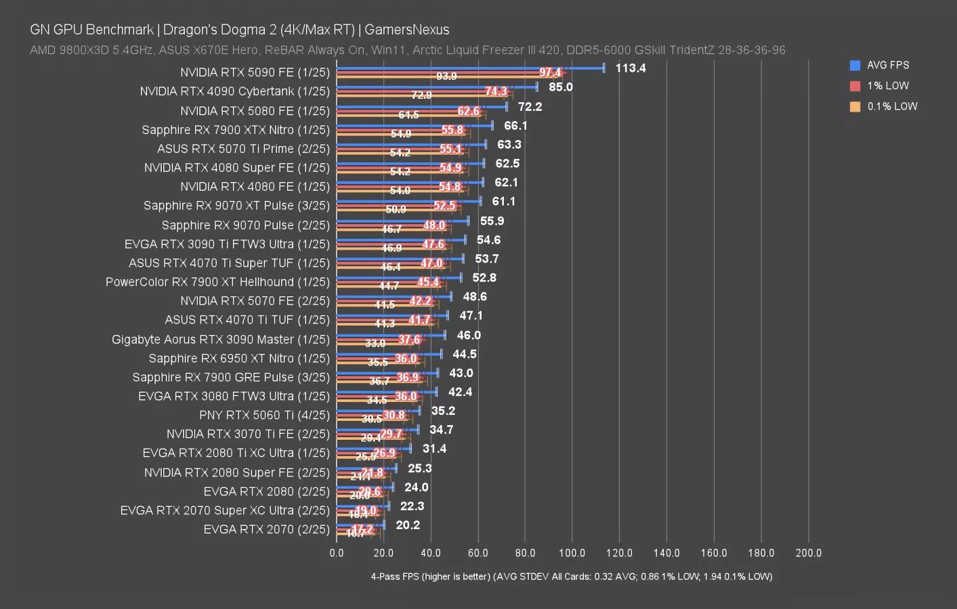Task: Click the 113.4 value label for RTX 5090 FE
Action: [x=630, y=68]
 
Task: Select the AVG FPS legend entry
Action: [x=887, y=65]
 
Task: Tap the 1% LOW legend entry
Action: [x=887, y=86]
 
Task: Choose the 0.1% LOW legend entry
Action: [x=891, y=106]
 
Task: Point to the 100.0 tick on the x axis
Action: [x=572, y=553]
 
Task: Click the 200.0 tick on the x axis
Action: [x=808, y=553]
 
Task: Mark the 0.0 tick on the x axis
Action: [x=337, y=553]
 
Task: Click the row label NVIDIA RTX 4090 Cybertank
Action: [x=234, y=91]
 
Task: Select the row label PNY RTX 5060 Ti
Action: [x=264, y=415]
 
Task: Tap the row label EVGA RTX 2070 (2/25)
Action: [x=266, y=529]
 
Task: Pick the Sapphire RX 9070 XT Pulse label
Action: [x=236, y=206]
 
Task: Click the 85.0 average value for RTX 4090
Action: [x=561, y=87]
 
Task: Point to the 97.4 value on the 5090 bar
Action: [x=550, y=72]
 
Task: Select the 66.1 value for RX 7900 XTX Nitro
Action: [x=515, y=125]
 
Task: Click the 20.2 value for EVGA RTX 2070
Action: [x=408, y=524]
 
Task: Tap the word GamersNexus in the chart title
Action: [x=406, y=30]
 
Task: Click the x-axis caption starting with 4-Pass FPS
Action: [x=571, y=577]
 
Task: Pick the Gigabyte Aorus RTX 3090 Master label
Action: [x=220, y=339]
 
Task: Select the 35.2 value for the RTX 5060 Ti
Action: [x=443, y=411]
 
